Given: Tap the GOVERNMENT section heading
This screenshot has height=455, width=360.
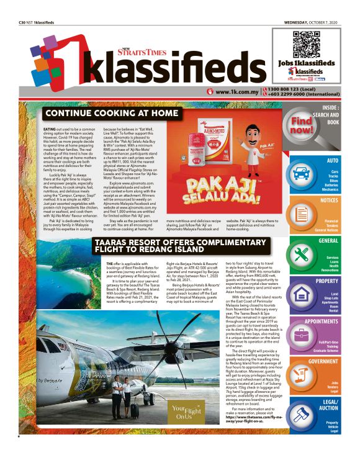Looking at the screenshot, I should (323, 361).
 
